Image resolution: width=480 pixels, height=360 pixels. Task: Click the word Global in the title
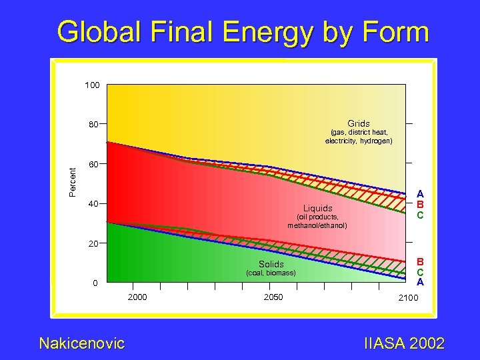[x=101, y=32]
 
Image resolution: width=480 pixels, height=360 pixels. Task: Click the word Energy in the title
[x=279, y=32]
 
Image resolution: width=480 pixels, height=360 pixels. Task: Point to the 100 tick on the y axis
[x=92, y=85]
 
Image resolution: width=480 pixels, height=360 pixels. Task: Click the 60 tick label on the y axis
[x=94, y=164]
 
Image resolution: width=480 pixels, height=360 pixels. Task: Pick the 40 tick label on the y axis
[x=94, y=203]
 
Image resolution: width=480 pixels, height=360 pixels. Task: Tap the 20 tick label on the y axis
[x=94, y=243]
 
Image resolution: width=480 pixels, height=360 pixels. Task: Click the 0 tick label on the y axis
[x=96, y=283]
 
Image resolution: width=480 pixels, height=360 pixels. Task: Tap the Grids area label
[x=359, y=124]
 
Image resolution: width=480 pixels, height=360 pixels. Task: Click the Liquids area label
[x=317, y=208]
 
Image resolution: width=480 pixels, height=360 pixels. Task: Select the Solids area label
[x=271, y=265]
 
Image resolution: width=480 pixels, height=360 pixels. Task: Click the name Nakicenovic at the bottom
[x=82, y=343]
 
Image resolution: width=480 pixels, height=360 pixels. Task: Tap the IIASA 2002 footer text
[x=405, y=343]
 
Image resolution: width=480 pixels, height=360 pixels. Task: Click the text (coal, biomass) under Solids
[x=271, y=273]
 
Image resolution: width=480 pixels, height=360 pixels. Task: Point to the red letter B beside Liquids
[x=420, y=203]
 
